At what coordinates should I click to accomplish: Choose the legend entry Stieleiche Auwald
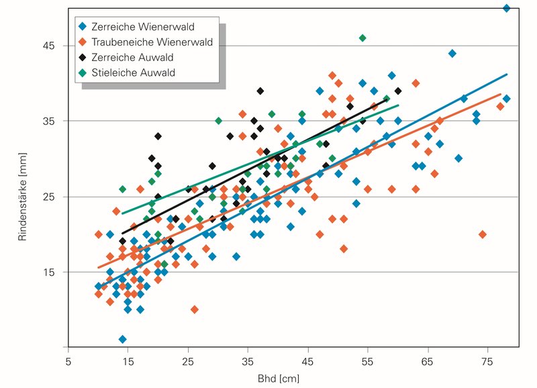136,71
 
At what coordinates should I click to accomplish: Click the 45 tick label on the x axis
307,360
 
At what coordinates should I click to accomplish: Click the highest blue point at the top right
507,8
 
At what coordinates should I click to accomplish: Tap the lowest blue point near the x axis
122,339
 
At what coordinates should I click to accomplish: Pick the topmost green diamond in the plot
362,38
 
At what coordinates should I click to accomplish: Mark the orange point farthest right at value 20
482,234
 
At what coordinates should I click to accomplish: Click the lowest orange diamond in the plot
195,309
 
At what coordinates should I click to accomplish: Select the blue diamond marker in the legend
83,27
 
